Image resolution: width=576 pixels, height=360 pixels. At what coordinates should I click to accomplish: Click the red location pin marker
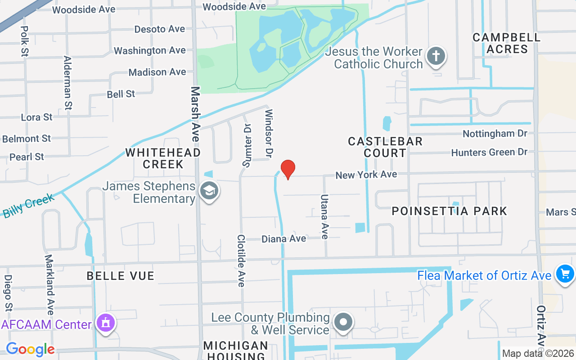point(288,170)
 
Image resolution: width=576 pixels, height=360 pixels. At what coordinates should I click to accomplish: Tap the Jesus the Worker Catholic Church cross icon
point(436,57)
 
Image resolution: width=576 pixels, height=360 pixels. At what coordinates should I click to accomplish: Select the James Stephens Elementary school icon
point(209,191)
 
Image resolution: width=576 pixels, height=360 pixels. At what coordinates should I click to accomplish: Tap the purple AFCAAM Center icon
point(106,323)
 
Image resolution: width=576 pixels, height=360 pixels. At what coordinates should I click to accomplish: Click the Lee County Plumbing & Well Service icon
point(344,322)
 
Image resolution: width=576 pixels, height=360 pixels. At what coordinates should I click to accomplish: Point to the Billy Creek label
point(28,206)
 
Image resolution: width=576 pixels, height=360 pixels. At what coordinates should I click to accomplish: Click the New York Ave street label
point(366,174)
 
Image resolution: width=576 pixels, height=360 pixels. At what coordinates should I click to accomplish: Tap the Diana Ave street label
point(284,238)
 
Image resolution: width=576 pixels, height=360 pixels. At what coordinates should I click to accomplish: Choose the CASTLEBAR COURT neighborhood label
point(385,147)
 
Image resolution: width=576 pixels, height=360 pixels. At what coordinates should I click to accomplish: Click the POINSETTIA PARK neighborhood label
point(450,211)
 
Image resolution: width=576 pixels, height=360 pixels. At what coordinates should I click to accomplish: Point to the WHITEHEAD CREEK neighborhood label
point(163,158)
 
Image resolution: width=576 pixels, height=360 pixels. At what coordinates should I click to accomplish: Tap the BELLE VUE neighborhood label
point(121,276)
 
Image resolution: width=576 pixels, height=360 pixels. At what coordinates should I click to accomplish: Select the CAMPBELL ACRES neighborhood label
point(506,43)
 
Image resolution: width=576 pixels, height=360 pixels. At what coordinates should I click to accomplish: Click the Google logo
point(30,349)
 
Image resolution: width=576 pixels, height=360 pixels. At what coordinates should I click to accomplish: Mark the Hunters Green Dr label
point(489,153)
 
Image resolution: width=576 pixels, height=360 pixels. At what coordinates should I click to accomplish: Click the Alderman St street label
point(68,83)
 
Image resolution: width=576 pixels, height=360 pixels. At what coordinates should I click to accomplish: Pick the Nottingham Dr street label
point(495,134)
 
